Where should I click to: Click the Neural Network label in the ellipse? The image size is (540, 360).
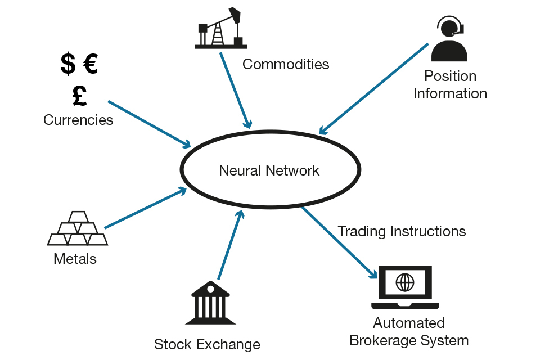[x=269, y=170]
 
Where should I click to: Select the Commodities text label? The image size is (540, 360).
[x=286, y=64]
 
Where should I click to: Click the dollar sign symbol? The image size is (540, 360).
[x=68, y=63]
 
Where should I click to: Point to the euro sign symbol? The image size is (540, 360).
[x=91, y=63]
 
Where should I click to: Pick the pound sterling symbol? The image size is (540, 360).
[x=79, y=95]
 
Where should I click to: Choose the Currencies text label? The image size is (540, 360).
[x=78, y=120]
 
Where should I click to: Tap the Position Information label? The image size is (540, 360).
[x=450, y=84]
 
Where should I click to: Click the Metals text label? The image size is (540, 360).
[x=75, y=259]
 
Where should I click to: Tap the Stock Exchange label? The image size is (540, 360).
[x=207, y=344]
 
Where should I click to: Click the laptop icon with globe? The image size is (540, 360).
[x=405, y=287]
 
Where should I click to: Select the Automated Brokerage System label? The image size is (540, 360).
[x=409, y=332]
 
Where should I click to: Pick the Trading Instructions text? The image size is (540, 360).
[x=402, y=231]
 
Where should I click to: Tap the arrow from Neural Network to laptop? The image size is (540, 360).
[x=339, y=242]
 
